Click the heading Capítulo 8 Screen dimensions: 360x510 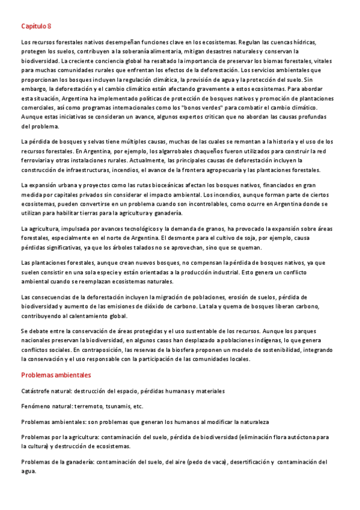tap(36, 26)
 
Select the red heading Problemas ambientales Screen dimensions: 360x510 tap(56, 375)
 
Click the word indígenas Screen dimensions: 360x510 tap(284, 339)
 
